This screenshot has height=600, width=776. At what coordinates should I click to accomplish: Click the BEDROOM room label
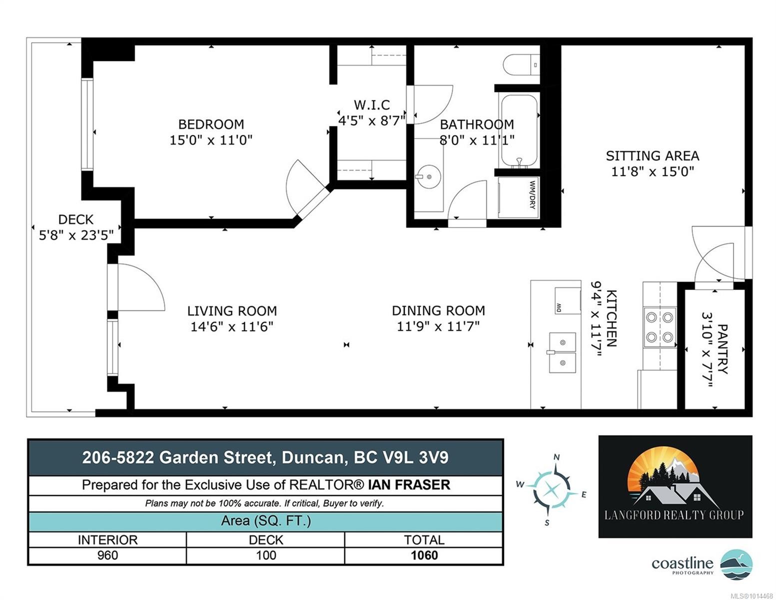click(x=211, y=124)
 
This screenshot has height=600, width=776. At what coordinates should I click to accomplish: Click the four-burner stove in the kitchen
click(x=659, y=327)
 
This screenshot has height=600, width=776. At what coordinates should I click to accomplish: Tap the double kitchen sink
click(x=563, y=353)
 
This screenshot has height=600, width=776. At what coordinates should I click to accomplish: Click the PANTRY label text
click(x=722, y=349)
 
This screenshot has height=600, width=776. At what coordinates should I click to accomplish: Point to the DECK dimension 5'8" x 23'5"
click(x=76, y=235)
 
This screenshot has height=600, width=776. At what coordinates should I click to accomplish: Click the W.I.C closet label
click(x=372, y=105)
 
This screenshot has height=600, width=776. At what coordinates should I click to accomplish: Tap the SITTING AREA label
click(x=652, y=156)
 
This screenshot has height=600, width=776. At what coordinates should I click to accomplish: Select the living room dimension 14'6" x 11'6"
click(x=231, y=327)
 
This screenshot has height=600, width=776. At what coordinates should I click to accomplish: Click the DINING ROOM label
click(x=438, y=310)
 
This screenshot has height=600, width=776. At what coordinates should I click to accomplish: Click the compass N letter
click(x=557, y=457)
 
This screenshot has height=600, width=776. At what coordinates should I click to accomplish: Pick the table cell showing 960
click(x=107, y=555)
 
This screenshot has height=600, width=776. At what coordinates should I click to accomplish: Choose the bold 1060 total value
click(x=424, y=555)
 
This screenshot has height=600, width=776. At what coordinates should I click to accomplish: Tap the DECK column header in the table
click(x=266, y=540)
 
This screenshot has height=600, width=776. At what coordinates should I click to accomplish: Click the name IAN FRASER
click(x=409, y=485)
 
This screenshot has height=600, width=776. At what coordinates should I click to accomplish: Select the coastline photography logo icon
click(x=737, y=564)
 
